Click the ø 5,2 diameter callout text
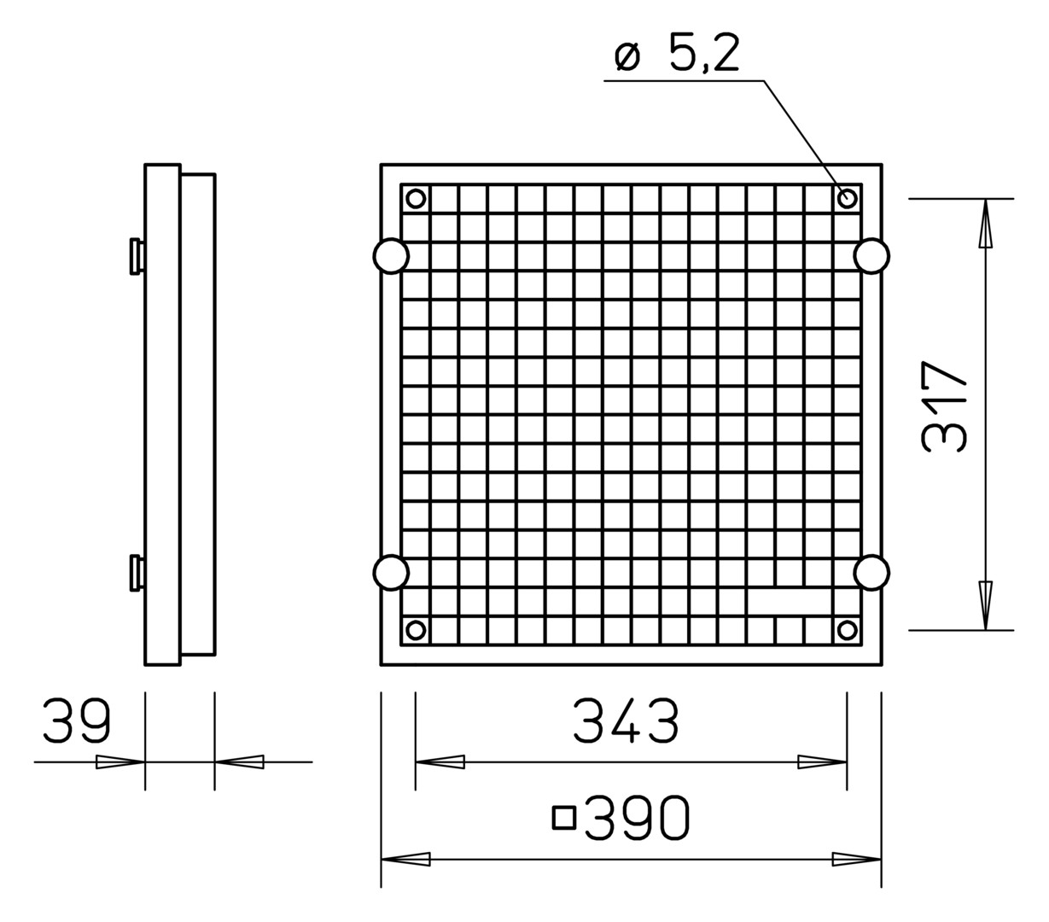pyautogui.click(x=677, y=52)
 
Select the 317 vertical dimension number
pyautogui.click(x=944, y=406)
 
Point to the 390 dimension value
pyautogui.click(x=637, y=818)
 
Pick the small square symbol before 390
pyautogui.click(x=564, y=818)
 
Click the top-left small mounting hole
pyautogui.click(x=416, y=198)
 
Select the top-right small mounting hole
pyautogui.click(x=847, y=198)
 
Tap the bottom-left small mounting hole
pyautogui.click(x=416, y=630)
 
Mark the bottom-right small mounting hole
pyautogui.click(x=847, y=630)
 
